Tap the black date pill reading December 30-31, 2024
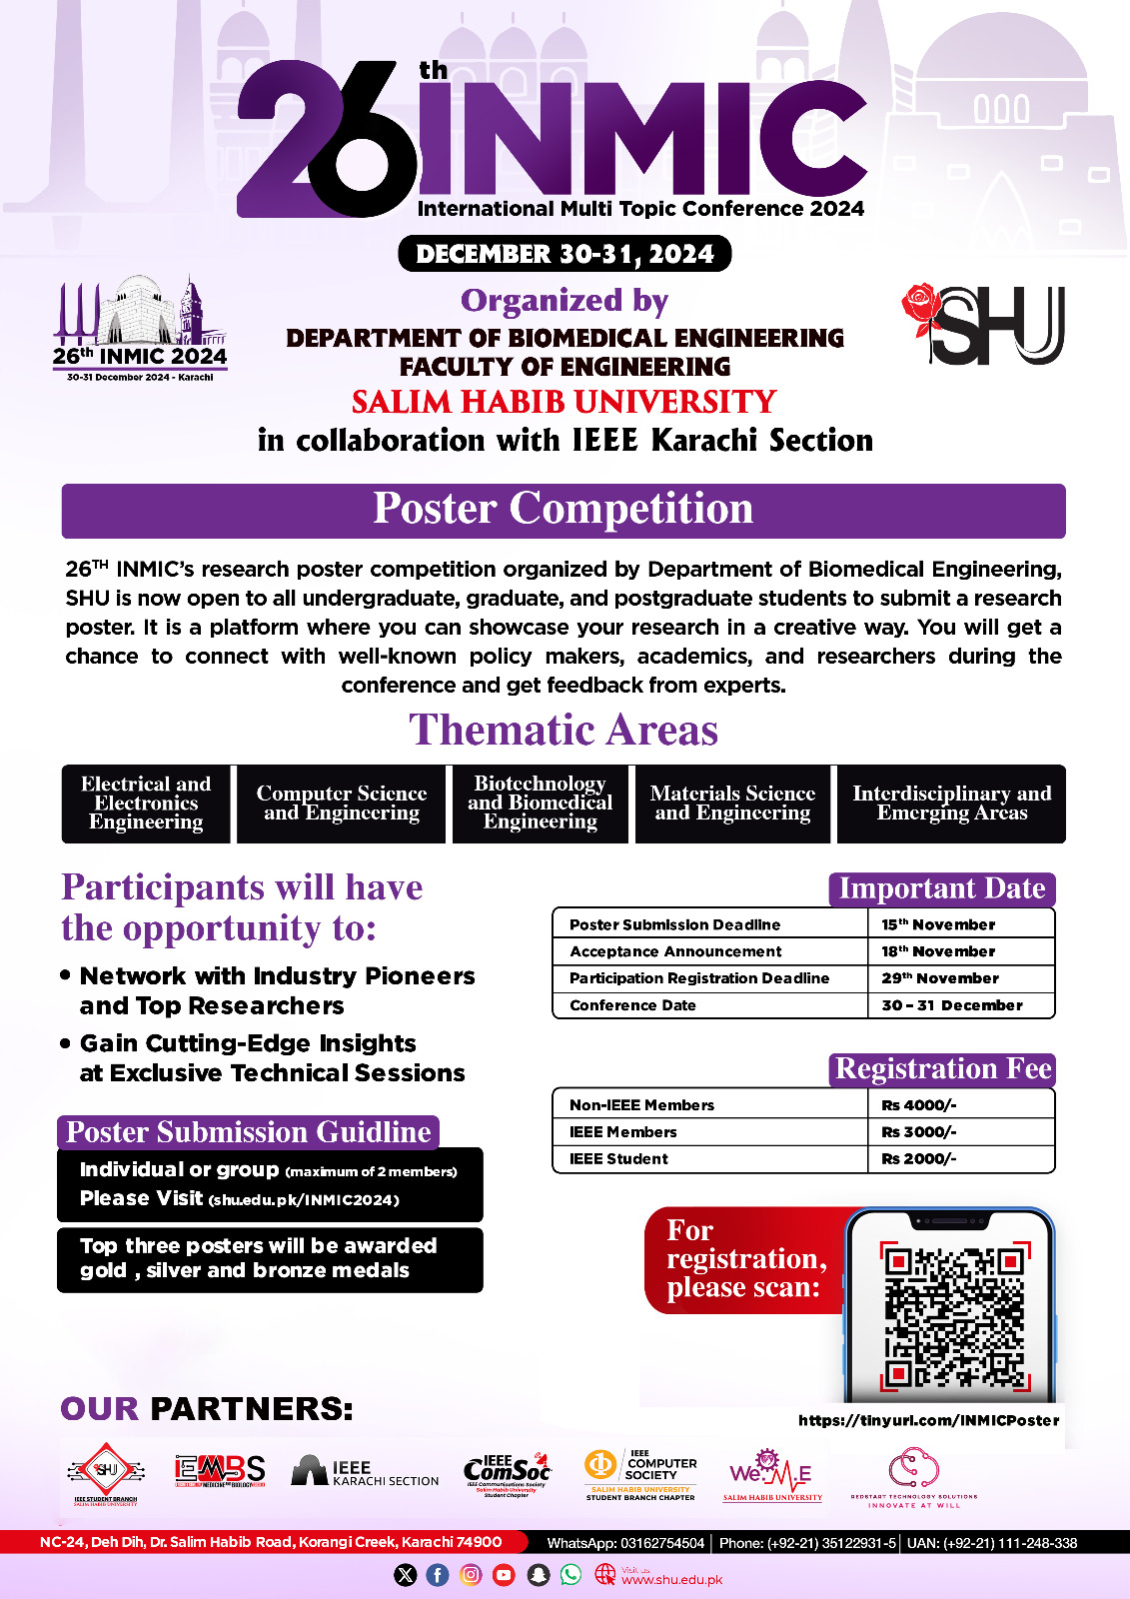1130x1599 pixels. [565, 254]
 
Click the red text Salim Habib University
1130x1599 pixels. [564, 402]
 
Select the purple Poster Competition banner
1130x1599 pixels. [564, 510]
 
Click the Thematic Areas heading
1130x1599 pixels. [564, 731]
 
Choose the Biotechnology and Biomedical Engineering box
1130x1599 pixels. [541, 803]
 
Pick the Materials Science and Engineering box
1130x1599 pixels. [732, 803]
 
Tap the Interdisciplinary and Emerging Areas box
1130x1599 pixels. [951, 803]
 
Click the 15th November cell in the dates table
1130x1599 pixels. [938, 924]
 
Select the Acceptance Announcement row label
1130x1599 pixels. [675, 951]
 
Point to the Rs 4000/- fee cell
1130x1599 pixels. [918, 1105]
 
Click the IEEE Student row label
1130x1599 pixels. [618, 1159]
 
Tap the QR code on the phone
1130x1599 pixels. [953, 1316]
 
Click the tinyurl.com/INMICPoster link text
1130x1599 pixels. [928, 1420]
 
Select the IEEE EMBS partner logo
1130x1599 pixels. [220, 1470]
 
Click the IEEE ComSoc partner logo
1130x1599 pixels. [508, 1471]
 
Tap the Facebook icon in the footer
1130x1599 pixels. [438, 1575]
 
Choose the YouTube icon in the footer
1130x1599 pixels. [504, 1575]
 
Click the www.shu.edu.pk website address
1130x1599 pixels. [671, 1580]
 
